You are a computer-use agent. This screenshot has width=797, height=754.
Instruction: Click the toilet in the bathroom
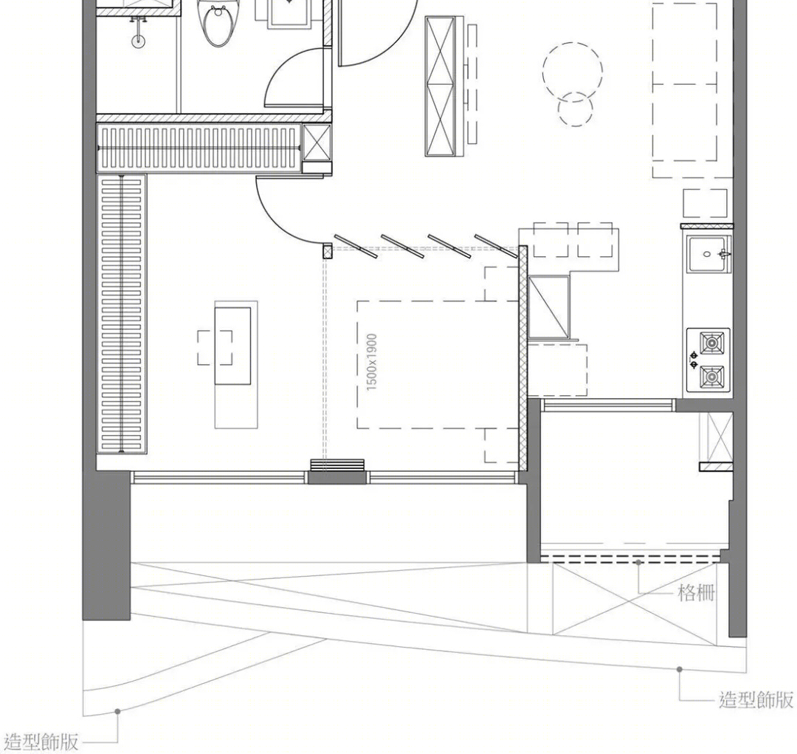(216, 23)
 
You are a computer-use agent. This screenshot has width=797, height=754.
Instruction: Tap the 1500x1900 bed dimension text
(372, 363)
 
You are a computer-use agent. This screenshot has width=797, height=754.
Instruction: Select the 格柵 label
(697, 593)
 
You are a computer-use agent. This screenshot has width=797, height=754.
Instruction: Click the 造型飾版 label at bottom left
(41, 742)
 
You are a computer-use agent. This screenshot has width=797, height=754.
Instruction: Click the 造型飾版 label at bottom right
(756, 699)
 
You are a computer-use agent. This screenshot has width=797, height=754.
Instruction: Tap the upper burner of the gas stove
(711, 343)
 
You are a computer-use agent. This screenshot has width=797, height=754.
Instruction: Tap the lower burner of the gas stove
(711, 377)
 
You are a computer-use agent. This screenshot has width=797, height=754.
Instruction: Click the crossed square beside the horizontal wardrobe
(317, 143)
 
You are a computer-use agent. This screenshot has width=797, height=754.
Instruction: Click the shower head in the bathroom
(138, 41)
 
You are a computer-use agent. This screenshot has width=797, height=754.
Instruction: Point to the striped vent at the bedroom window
(337, 466)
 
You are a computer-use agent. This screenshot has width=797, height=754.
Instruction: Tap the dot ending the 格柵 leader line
(639, 562)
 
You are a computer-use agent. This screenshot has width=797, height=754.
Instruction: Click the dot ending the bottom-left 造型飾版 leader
(117, 711)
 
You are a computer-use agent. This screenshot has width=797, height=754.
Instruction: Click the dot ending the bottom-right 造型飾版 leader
(680, 669)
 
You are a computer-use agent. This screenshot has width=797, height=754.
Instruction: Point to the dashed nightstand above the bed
(501, 284)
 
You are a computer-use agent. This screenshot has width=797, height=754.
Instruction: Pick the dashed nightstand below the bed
(501, 445)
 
